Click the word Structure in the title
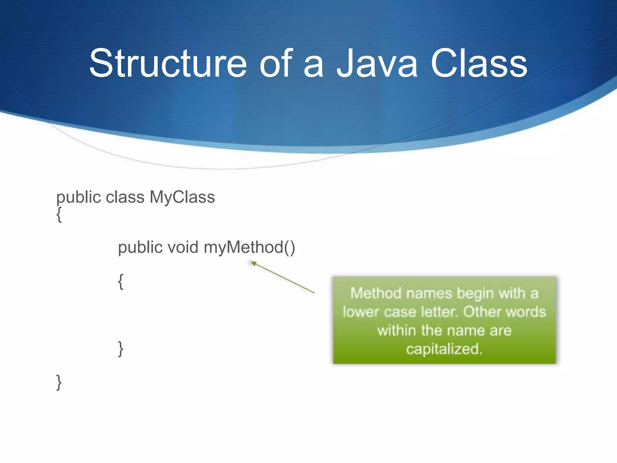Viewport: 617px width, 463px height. click(168, 64)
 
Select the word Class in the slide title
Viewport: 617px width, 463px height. click(479, 64)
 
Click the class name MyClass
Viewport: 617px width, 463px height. click(182, 197)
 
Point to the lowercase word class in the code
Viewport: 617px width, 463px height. click(125, 197)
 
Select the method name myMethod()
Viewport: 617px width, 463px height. click(249, 247)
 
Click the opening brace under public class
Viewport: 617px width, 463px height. click(59, 215)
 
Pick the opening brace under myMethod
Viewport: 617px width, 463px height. click(121, 282)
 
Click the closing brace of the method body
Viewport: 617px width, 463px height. click(121, 349)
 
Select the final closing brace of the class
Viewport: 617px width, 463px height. click(59, 383)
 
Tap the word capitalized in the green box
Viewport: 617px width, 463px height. click(444, 349)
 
